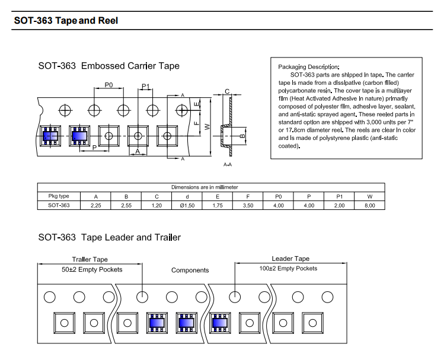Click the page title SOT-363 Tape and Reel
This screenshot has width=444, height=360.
(x=66, y=21)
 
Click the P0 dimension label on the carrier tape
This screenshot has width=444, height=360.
(x=108, y=85)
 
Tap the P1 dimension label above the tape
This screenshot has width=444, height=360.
(x=145, y=86)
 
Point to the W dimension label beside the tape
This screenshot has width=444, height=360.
(x=207, y=126)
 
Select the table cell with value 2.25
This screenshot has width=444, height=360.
(x=95, y=205)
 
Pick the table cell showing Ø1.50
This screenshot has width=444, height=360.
(x=187, y=205)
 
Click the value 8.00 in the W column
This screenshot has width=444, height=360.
(x=370, y=205)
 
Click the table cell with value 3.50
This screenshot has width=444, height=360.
(x=248, y=205)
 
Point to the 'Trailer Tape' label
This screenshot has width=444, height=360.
(x=90, y=259)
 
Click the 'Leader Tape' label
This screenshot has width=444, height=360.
(x=290, y=259)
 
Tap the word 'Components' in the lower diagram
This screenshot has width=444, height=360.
(x=190, y=270)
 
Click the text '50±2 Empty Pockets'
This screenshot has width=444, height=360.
(x=92, y=269)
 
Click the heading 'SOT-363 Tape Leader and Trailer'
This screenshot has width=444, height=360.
(x=109, y=237)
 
